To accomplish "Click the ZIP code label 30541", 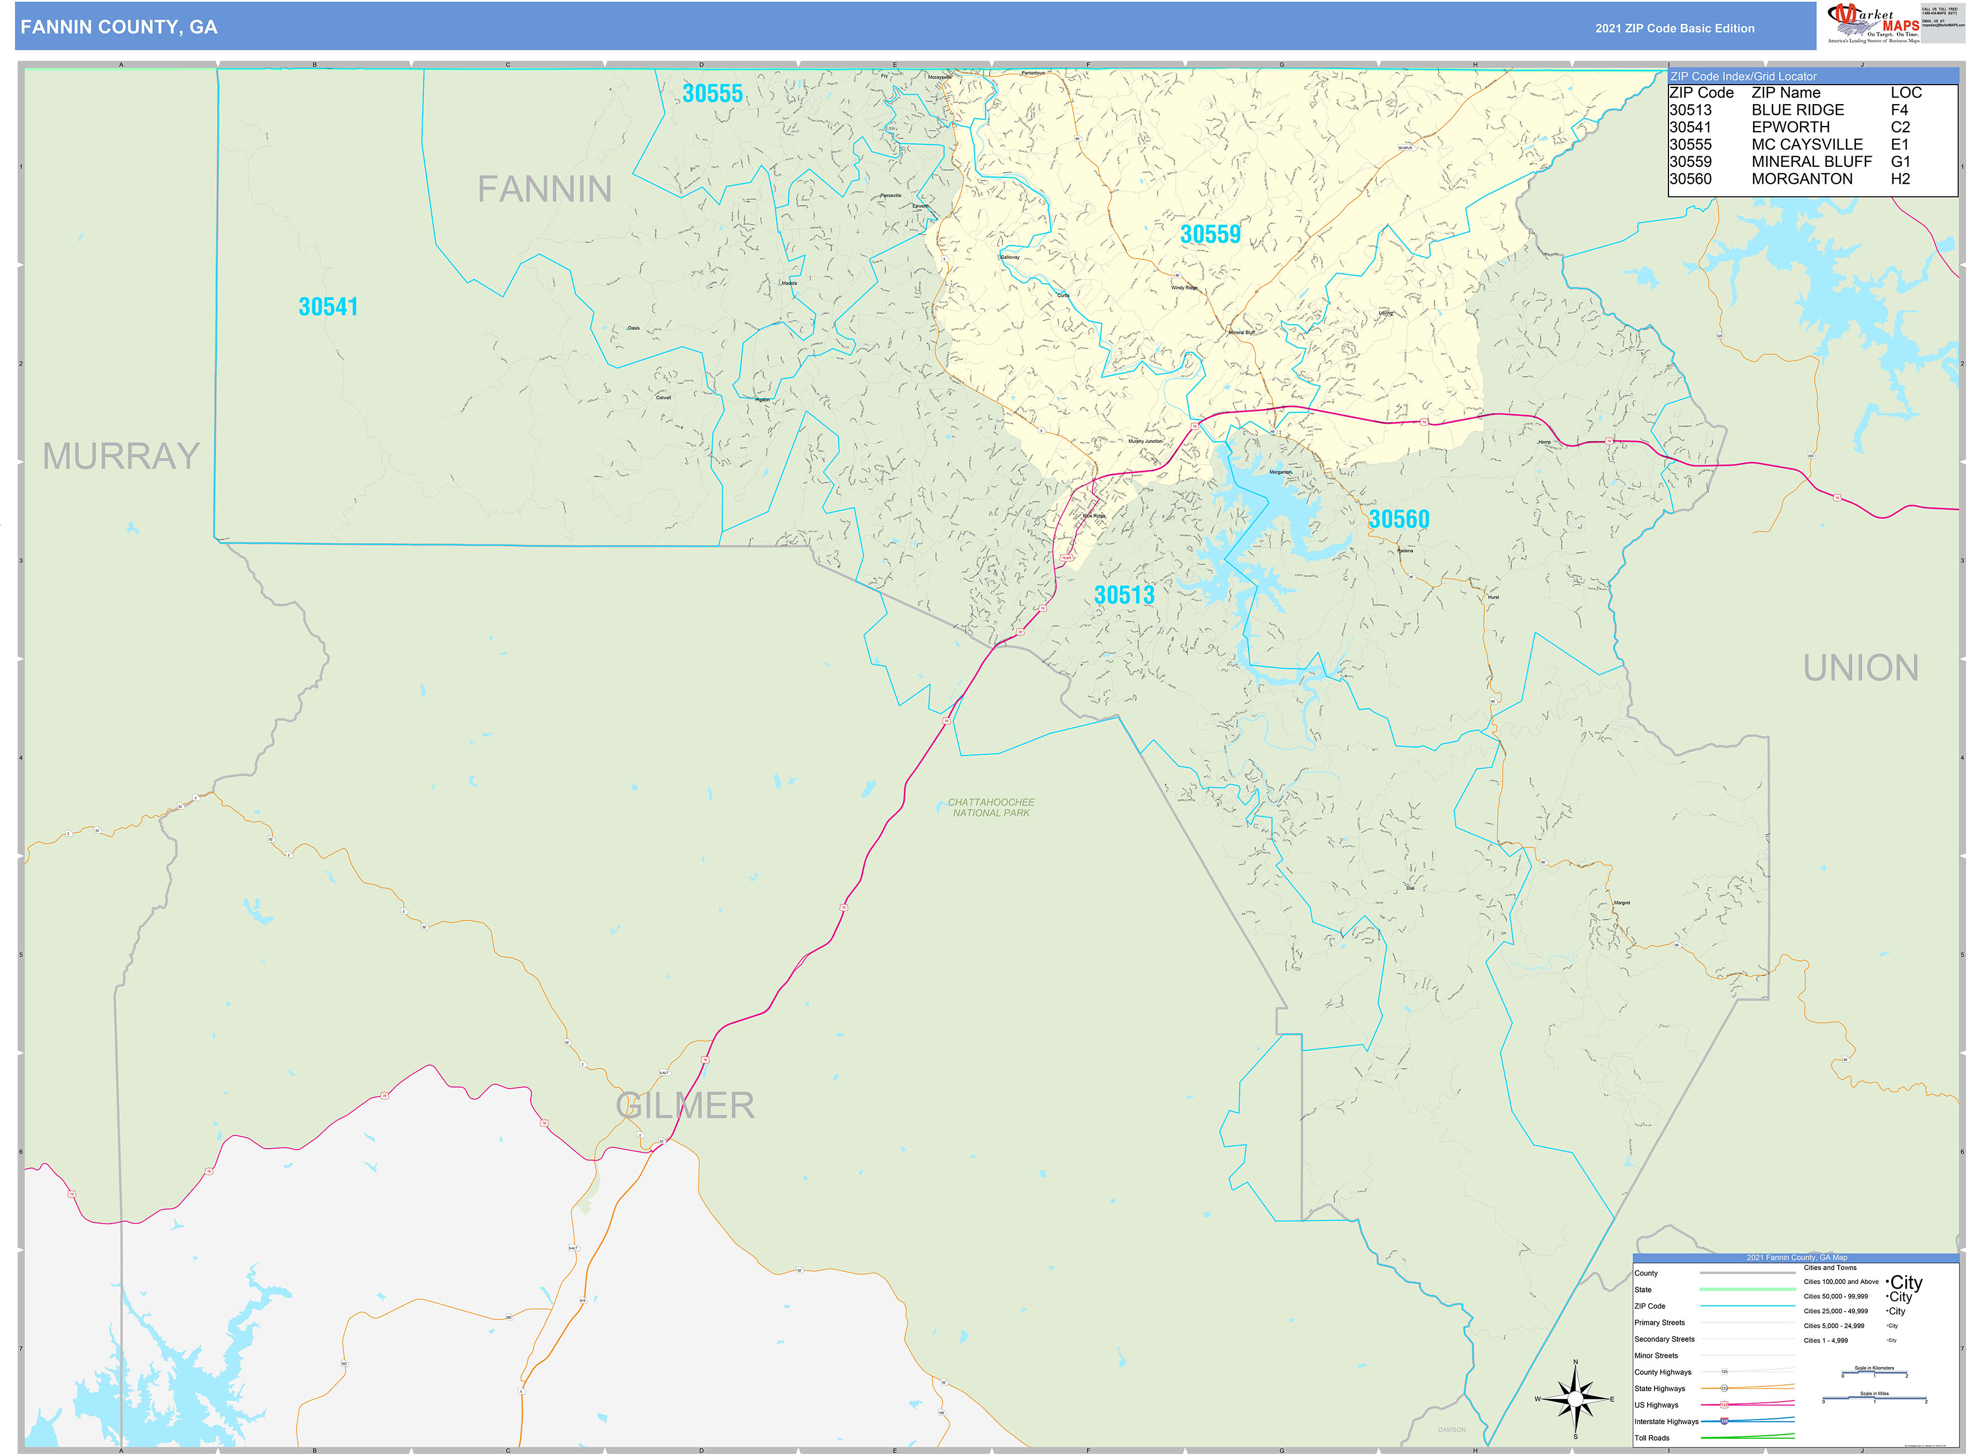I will click(x=328, y=307).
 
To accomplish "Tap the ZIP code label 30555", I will click(x=712, y=94).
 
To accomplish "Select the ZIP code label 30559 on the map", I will click(x=1210, y=235).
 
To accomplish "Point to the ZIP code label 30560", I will click(x=1399, y=519).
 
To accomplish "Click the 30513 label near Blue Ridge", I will click(x=1124, y=595).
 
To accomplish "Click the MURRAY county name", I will click(x=121, y=456).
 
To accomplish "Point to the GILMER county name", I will click(x=685, y=1106).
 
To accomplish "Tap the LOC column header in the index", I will click(x=1905, y=92).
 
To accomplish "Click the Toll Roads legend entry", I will click(x=1652, y=1438).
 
